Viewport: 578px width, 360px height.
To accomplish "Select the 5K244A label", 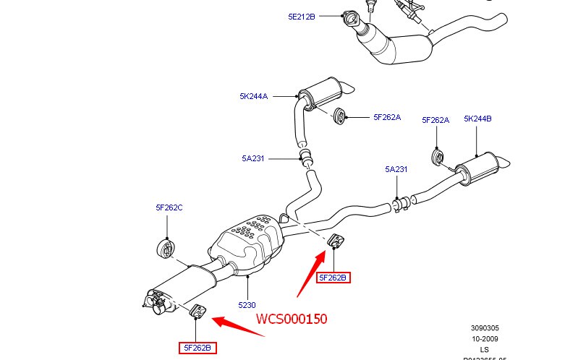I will point(254,96).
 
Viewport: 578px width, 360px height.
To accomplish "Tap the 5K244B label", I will point(477,120).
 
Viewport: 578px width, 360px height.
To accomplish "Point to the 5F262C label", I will point(169,207).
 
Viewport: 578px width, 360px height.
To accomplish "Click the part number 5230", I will point(247,306).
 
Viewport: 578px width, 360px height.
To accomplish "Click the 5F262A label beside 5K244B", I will point(435,120).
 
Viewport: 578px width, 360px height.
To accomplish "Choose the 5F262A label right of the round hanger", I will point(387,117).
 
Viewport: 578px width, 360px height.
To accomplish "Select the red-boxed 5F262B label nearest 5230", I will point(333,278).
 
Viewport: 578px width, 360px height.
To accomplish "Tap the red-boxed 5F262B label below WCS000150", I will point(197,348).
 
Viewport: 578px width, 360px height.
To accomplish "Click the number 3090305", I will point(484,327).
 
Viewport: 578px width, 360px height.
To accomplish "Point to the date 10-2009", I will point(484,338).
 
